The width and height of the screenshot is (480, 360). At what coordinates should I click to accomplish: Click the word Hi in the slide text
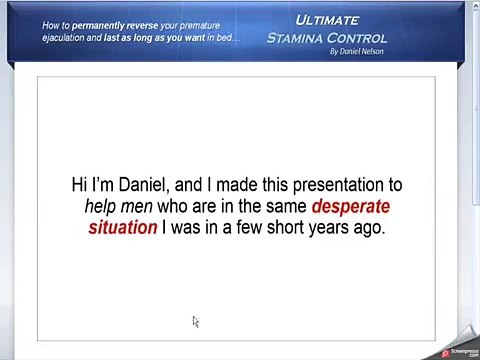click(80, 185)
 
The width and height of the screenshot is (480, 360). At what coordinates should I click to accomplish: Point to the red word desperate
click(350, 207)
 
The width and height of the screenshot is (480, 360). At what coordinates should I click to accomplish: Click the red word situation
click(123, 228)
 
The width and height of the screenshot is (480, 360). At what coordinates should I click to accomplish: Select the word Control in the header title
click(363, 37)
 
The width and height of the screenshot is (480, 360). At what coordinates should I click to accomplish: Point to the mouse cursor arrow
click(195, 320)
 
